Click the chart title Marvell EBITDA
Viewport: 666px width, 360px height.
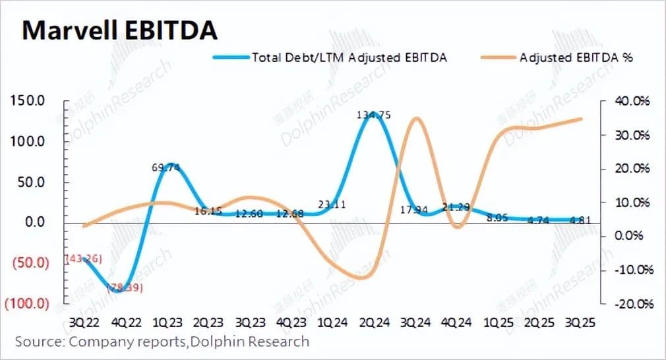pyautogui.click(x=119, y=30)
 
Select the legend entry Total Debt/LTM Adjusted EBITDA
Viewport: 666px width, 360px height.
pyautogui.click(x=349, y=57)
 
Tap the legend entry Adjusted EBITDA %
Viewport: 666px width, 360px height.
pyautogui.click(x=576, y=57)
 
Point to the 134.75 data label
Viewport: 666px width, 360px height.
pyautogui.click(x=373, y=115)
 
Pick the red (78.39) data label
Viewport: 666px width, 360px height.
pyautogui.click(x=125, y=288)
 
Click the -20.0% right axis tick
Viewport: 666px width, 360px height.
pyautogui.click(x=633, y=304)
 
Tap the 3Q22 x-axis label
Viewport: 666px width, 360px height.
pyautogui.click(x=84, y=324)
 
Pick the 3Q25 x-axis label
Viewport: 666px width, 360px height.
pyautogui.click(x=582, y=324)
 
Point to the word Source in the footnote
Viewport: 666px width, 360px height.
pyautogui.click(x=38, y=342)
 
